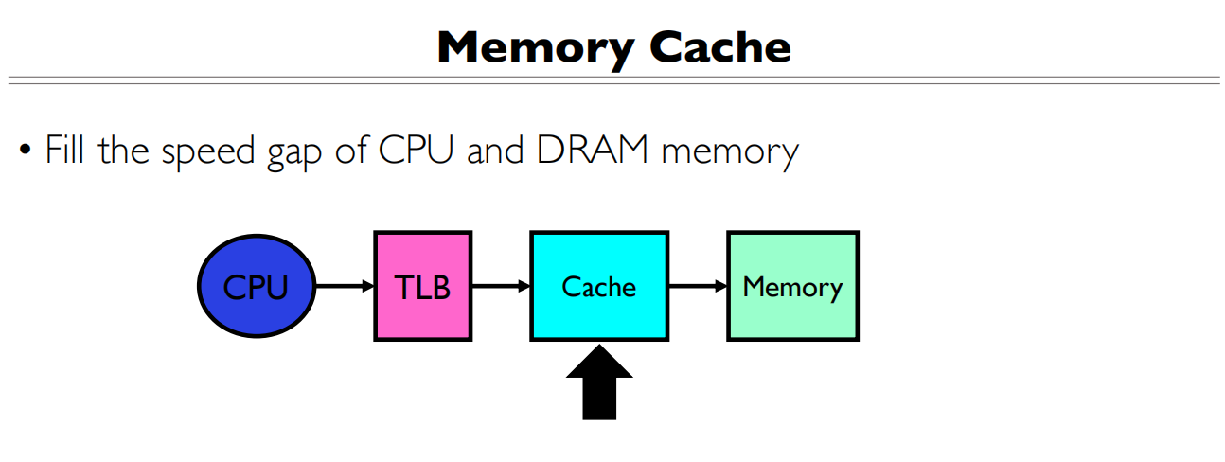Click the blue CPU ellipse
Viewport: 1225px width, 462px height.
coord(256,286)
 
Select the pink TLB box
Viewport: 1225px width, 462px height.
coord(422,286)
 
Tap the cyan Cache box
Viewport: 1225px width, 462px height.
coord(598,286)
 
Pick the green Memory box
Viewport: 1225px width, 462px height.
coord(792,286)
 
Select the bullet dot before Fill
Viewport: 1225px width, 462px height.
coord(26,151)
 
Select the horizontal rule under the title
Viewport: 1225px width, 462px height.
coord(612,80)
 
